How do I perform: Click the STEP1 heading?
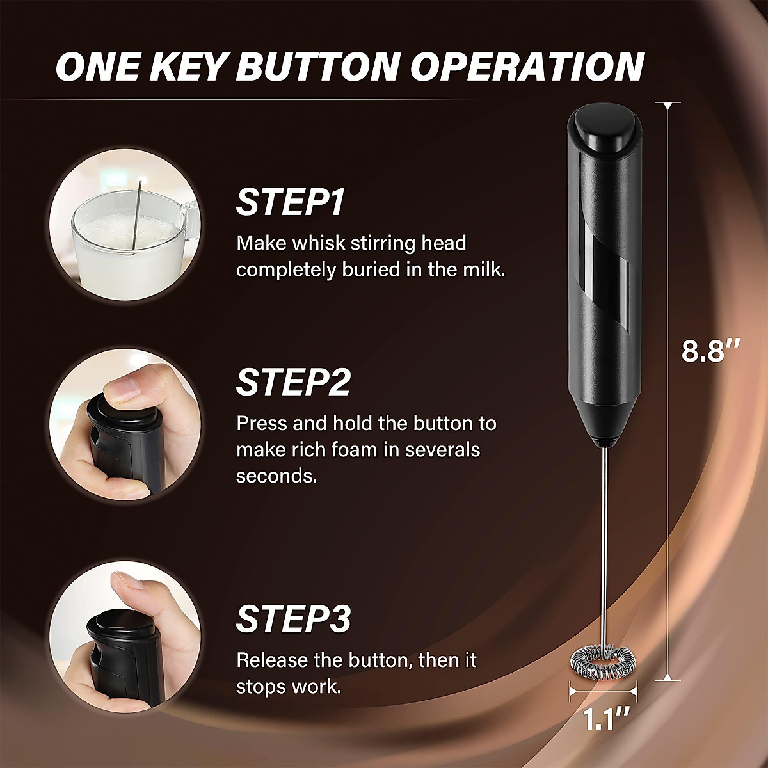click(x=290, y=202)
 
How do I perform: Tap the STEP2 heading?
click(x=293, y=382)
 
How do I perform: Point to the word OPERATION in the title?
click(x=526, y=67)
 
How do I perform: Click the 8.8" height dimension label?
click(x=710, y=351)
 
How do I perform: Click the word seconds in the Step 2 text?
click(x=276, y=476)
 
